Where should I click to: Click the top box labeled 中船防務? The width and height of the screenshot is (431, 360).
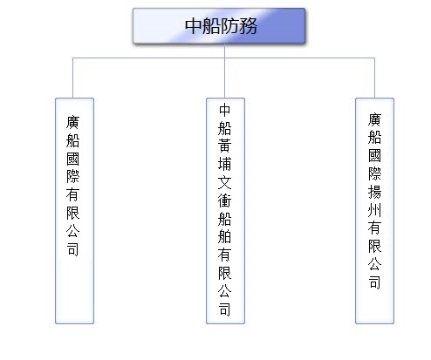(x=219, y=26)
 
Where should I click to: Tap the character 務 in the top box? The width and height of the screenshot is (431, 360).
(x=248, y=26)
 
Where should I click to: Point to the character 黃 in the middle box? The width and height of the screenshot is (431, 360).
(x=225, y=146)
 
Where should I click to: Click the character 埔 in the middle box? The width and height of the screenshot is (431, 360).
(x=225, y=164)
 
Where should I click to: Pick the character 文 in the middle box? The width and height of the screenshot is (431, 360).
(x=225, y=182)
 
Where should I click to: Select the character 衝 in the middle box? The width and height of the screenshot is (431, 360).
(x=225, y=200)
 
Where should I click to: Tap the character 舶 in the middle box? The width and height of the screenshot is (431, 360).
(x=225, y=236)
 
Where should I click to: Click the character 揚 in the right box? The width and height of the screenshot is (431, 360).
(x=374, y=192)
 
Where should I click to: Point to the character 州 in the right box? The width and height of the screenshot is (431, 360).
(x=374, y=210)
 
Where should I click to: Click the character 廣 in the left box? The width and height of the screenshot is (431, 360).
(x=72, y=122)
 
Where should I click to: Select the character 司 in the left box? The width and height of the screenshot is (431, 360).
(x=72, y=249)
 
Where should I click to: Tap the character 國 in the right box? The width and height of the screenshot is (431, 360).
(x=374, y=156)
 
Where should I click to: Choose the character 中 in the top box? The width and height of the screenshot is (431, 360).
(x=194, y=26)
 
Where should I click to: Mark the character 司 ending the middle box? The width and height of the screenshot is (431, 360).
(x=225, y=309)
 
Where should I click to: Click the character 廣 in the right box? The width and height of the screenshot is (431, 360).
(x=374, y=119)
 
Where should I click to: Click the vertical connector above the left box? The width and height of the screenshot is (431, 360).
(x=72, y=78)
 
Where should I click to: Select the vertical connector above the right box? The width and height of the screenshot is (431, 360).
(x=374, y=78)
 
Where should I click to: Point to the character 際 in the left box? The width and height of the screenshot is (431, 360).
(x=72, y=177)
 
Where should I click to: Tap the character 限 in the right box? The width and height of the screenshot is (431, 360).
(x=374, y=247)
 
